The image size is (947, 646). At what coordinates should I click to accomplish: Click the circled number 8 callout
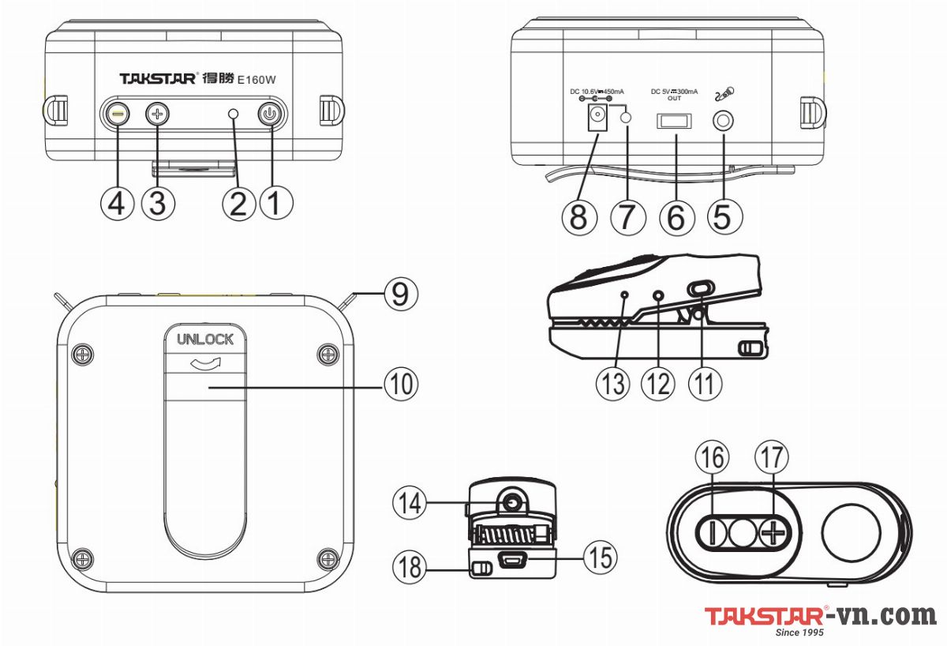(578, 216)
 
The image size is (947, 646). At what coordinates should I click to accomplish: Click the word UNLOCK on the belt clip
(205, 340)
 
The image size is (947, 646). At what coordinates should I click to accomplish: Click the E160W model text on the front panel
(260, 79)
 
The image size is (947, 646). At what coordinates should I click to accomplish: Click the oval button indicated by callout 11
(698, 290)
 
